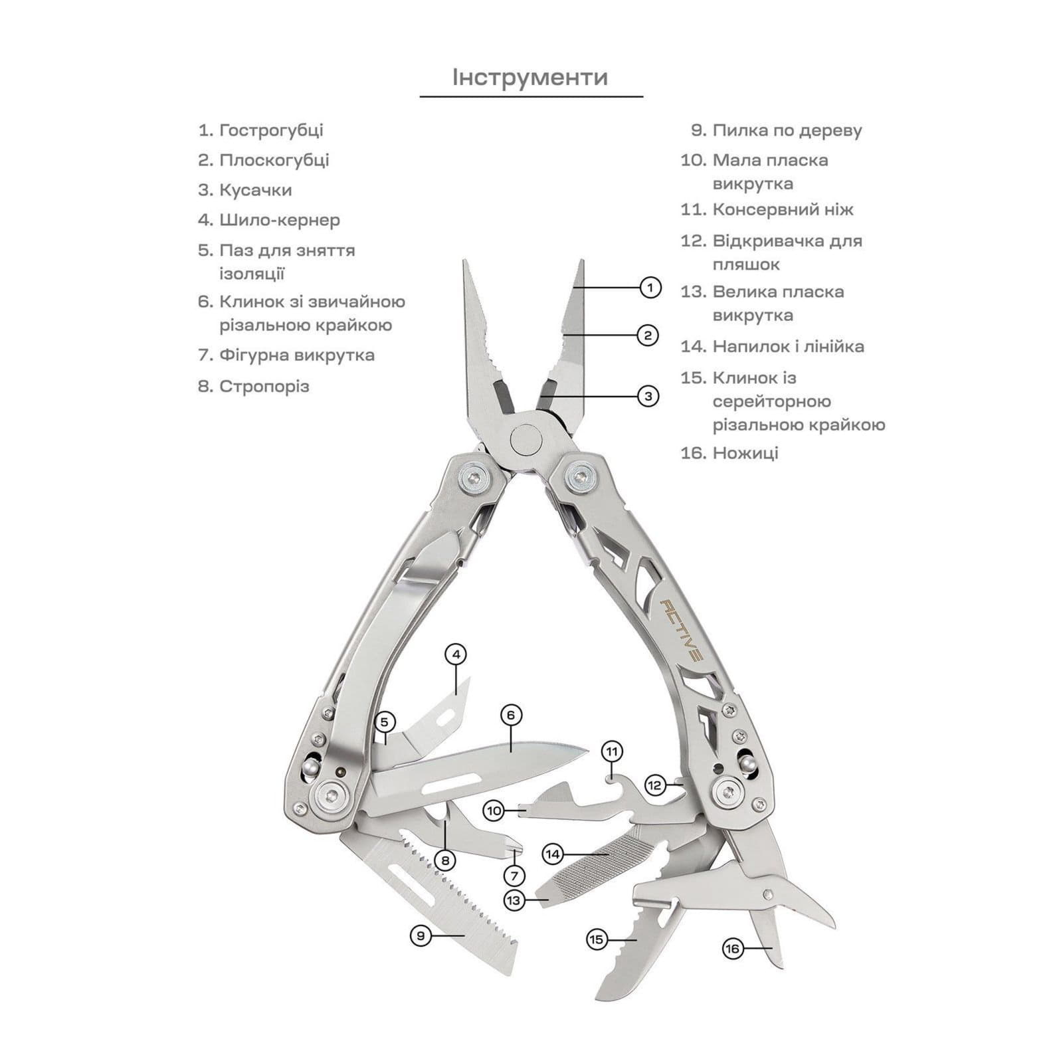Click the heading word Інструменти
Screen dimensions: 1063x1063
click(x=530, y=77)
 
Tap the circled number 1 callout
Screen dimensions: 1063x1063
click(x=650, y=288)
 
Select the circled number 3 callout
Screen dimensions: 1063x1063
click(x=648, y=397)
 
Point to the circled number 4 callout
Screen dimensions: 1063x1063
click(x=456, y=654)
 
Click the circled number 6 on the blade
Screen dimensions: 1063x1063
click(x=511, y=716)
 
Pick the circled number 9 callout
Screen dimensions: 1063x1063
click(x=421, y=936)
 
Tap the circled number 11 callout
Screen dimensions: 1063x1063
click(x=613, y=752)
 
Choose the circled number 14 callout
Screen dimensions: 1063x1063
click(x=553, y=854)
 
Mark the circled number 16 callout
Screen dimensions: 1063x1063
click(x=732, y=949)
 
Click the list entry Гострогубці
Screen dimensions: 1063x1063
click(x=260, y=130)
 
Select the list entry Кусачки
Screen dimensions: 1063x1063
click(x=245, y=190)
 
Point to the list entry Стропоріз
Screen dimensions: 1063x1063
click(x=254, y=386)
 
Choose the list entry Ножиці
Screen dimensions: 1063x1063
click(x=729, y=453)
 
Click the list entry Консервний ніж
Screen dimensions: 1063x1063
click(x=767, y=210)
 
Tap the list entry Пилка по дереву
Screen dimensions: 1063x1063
click(x=777, y=130)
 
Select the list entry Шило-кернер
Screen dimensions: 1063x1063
click(x=269, y=220)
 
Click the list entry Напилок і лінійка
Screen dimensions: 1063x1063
click(x=772, y=346)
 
